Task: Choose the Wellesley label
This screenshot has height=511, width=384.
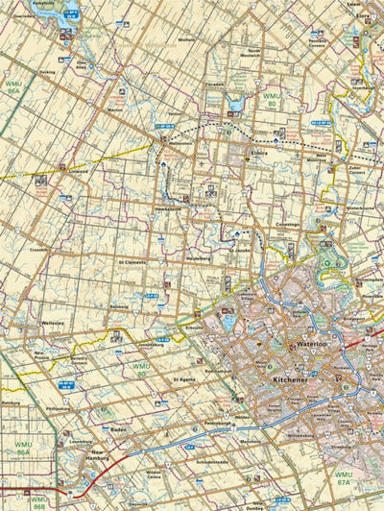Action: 53,324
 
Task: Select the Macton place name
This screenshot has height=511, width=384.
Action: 117,109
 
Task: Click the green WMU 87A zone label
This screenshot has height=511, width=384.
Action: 344,477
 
